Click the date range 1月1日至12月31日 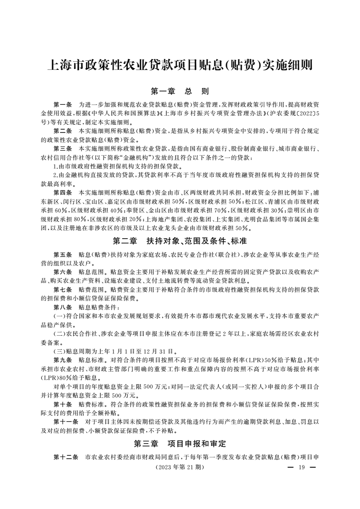click(x=136, y=350)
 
